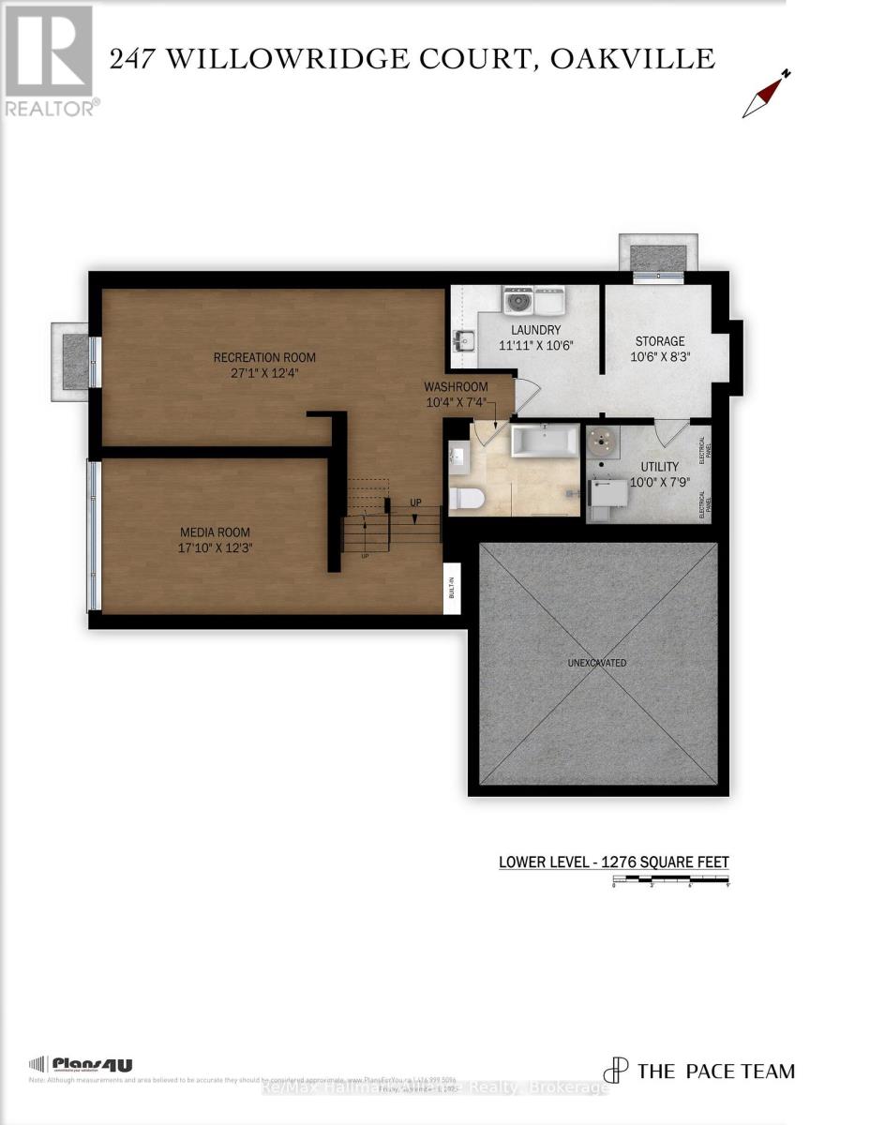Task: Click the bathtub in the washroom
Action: click(545, 441)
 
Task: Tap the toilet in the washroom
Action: click(466, 498)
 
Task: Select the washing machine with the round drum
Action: click(517, 301)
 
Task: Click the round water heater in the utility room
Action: click(601, 442)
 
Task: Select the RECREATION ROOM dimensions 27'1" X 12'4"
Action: click(264, 373)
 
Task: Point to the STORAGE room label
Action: click(660, 341)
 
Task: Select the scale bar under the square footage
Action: click(670, 880)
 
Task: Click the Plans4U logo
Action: click(82, 1064)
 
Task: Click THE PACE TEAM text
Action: click(715, 1071)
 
